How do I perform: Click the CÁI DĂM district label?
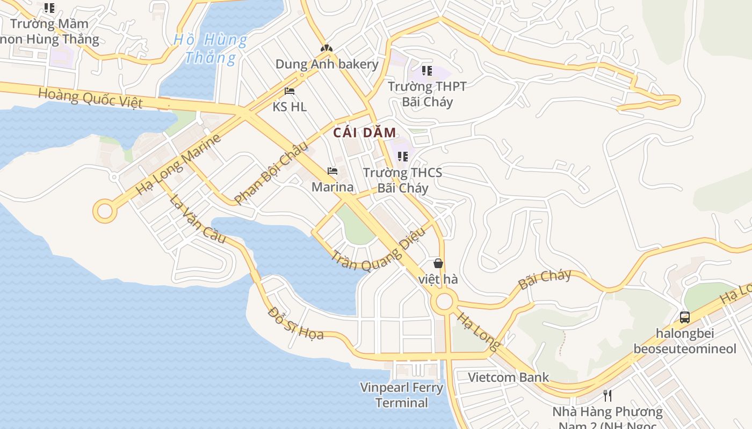coord(365,133)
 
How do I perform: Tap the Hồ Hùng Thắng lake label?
coord(210,48)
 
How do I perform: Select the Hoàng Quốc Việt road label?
coord(90,98)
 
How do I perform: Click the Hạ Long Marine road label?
coord(178,165)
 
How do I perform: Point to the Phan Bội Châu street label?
coord(272,172)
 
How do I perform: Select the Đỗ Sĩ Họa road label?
coord(296,323)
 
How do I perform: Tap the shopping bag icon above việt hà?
coord(438,263)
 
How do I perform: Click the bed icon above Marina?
coord(332,171)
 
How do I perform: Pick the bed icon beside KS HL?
coord(290,91)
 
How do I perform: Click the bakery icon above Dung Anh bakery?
coord(327,48)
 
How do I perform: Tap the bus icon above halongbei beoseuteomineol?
coord(684,317)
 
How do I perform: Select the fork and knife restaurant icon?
coord(608,396)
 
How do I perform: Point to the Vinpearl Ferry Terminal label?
coord(402,395)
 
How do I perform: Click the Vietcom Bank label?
coord(508,377)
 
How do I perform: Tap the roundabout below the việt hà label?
coord(444,302)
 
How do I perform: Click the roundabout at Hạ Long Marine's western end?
coord(105,211)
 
